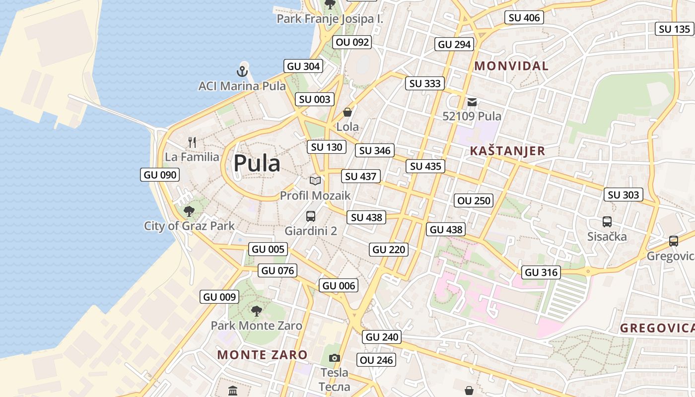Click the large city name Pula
[257, 163]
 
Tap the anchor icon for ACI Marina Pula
[242, 71]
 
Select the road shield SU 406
[524, 18]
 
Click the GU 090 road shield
[160, 175]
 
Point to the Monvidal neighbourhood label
[511, 66]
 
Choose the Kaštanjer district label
[507, 151]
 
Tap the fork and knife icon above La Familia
[192, 143]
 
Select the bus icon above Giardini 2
[311, 216]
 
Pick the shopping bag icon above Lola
[347, 112]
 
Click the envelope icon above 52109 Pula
[472, 102]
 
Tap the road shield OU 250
[474, 200]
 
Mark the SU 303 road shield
[624, 195]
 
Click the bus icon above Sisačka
[607, 222]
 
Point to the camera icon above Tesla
[335, 358]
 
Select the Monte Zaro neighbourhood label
[262, 355]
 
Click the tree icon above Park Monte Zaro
[256, 311]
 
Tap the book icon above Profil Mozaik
[315, 181]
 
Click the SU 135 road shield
[675, 29]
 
